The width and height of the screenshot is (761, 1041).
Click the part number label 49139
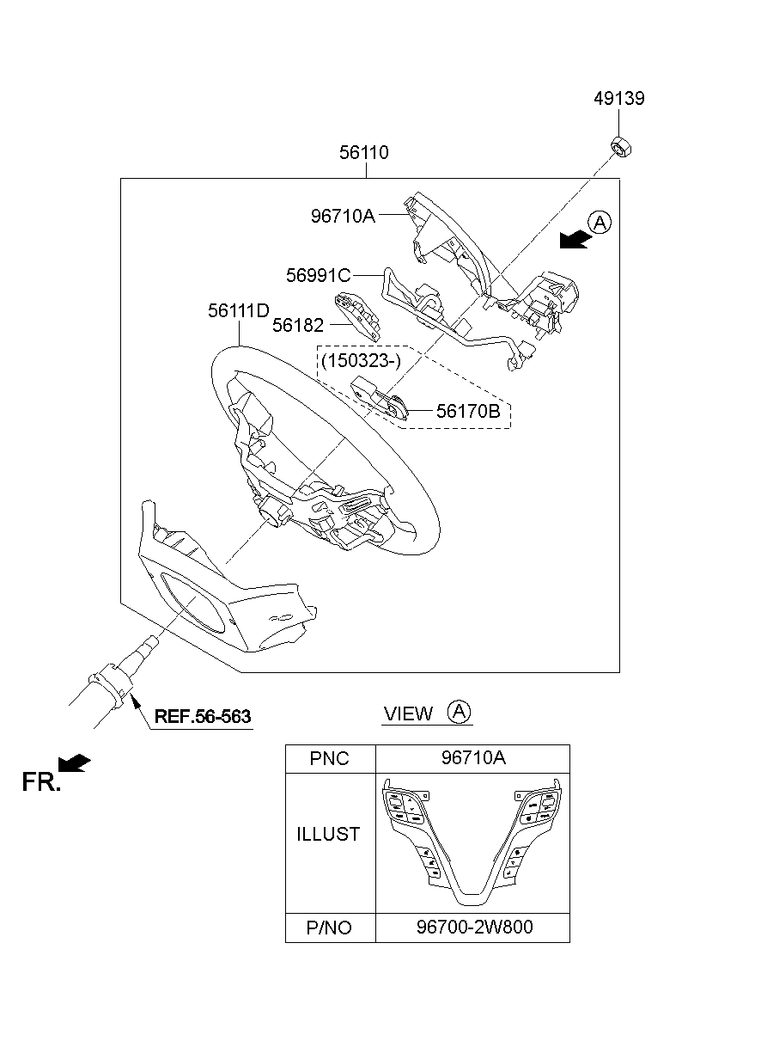click(619, 99)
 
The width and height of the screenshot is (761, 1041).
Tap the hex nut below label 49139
click(621, 147)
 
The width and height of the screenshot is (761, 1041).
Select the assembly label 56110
click(364, 152)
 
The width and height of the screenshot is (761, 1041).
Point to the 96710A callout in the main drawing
click(343, 216)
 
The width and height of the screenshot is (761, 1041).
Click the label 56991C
click(319, 276)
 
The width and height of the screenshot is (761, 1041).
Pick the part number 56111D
click(239, 311)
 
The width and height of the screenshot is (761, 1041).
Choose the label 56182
click(298, 326)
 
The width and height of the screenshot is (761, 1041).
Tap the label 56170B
click(468, 411)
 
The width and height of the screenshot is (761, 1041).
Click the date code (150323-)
click(361, 361)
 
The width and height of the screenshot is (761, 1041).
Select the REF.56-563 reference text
click(203, 717)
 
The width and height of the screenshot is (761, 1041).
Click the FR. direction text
click(41, 782)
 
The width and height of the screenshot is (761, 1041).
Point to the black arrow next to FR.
click(74, 763)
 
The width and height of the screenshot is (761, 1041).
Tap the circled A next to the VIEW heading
click(459, 712)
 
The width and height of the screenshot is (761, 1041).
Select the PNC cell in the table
click(329, 759)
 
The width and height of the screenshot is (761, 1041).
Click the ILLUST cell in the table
click(328, 834)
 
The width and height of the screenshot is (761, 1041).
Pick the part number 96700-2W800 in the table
click(474, 928)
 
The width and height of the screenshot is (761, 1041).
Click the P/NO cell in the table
click(329, 928)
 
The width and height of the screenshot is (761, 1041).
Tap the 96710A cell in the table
click(473, 758)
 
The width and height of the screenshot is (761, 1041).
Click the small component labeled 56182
click(357, 317)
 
